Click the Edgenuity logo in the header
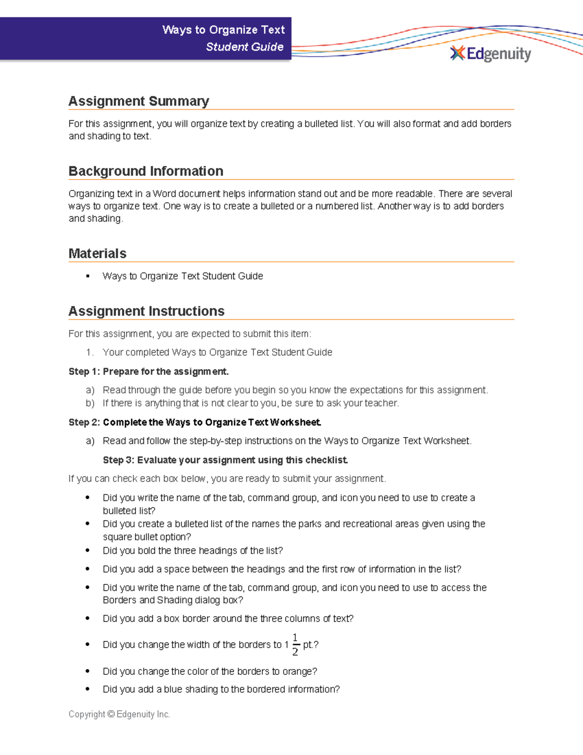click(x=491, y=53)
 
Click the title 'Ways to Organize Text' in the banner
click(x=223, y=30)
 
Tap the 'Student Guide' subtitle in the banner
click(x=244, y=47)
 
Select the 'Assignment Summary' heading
click(x=138, y=101)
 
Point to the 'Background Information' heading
click(x=146, y=171)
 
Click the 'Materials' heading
click(x=97, y=253)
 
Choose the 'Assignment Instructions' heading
click(x=146, y=311)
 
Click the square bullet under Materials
click(x=88, y=276)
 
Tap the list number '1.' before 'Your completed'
click(x=89, y=352)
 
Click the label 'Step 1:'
click(x=84, y=371)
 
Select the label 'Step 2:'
click(x=84, y=422)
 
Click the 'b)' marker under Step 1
click(x=90, y=403)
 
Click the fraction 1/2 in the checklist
click(x=295, y=645)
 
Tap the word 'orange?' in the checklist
click(x=300, y=671)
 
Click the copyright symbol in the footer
click(x=111, y=714)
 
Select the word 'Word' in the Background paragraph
click(x=164, y=193)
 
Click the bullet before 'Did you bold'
click(x=87, y=550)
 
